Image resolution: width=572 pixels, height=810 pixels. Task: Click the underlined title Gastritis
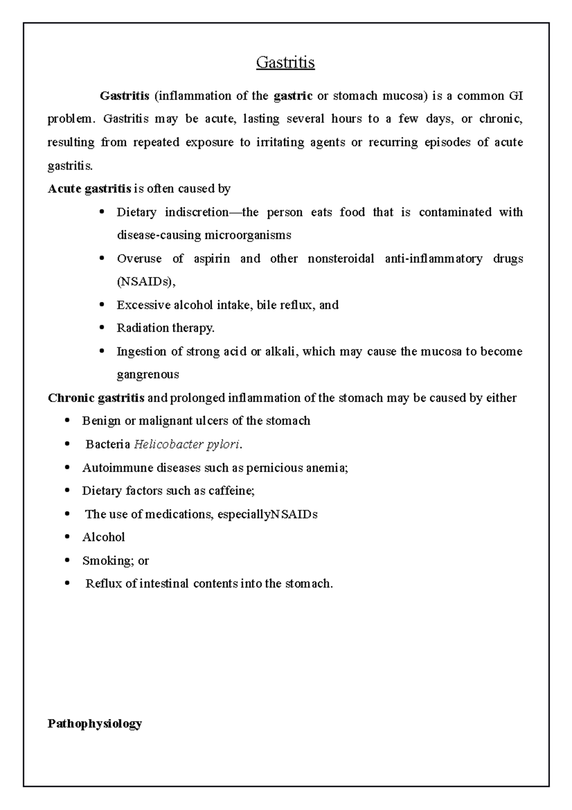285,62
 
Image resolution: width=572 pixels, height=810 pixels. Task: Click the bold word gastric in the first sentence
293,96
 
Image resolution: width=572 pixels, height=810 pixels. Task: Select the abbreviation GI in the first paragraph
516,96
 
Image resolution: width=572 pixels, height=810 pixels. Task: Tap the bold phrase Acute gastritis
90,189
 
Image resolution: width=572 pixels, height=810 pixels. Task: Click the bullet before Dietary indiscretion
101,212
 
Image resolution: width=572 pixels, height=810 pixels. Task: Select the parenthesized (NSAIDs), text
146,282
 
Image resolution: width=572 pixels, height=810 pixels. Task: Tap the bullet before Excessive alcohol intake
101,305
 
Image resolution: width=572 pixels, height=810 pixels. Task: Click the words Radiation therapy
165,328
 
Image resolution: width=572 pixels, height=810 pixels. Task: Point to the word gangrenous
148,374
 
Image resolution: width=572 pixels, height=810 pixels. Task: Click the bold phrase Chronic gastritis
96,398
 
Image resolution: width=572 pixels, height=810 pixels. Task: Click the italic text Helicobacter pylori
187,445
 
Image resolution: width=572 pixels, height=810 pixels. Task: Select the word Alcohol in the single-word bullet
103,537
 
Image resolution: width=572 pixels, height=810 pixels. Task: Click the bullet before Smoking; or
67,561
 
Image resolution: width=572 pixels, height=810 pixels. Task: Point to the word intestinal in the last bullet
164,583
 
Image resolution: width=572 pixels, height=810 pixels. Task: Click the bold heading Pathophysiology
95,724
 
